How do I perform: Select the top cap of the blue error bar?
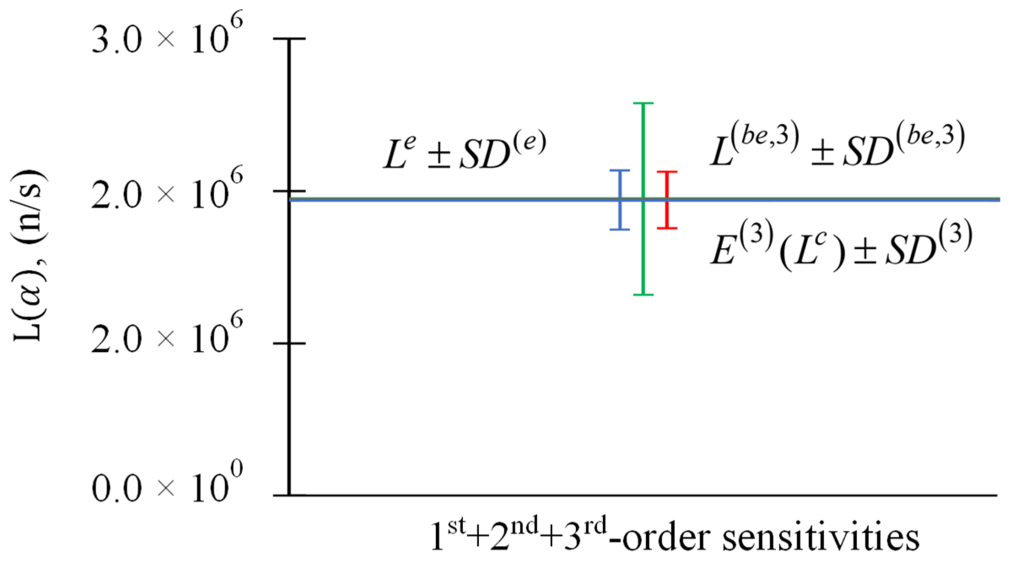[620, 170]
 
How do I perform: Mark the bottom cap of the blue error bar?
[620, 230]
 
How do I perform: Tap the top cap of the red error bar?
[667, 172]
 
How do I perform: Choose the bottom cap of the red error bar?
[667, 228]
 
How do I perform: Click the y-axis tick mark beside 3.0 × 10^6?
[289, 39]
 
